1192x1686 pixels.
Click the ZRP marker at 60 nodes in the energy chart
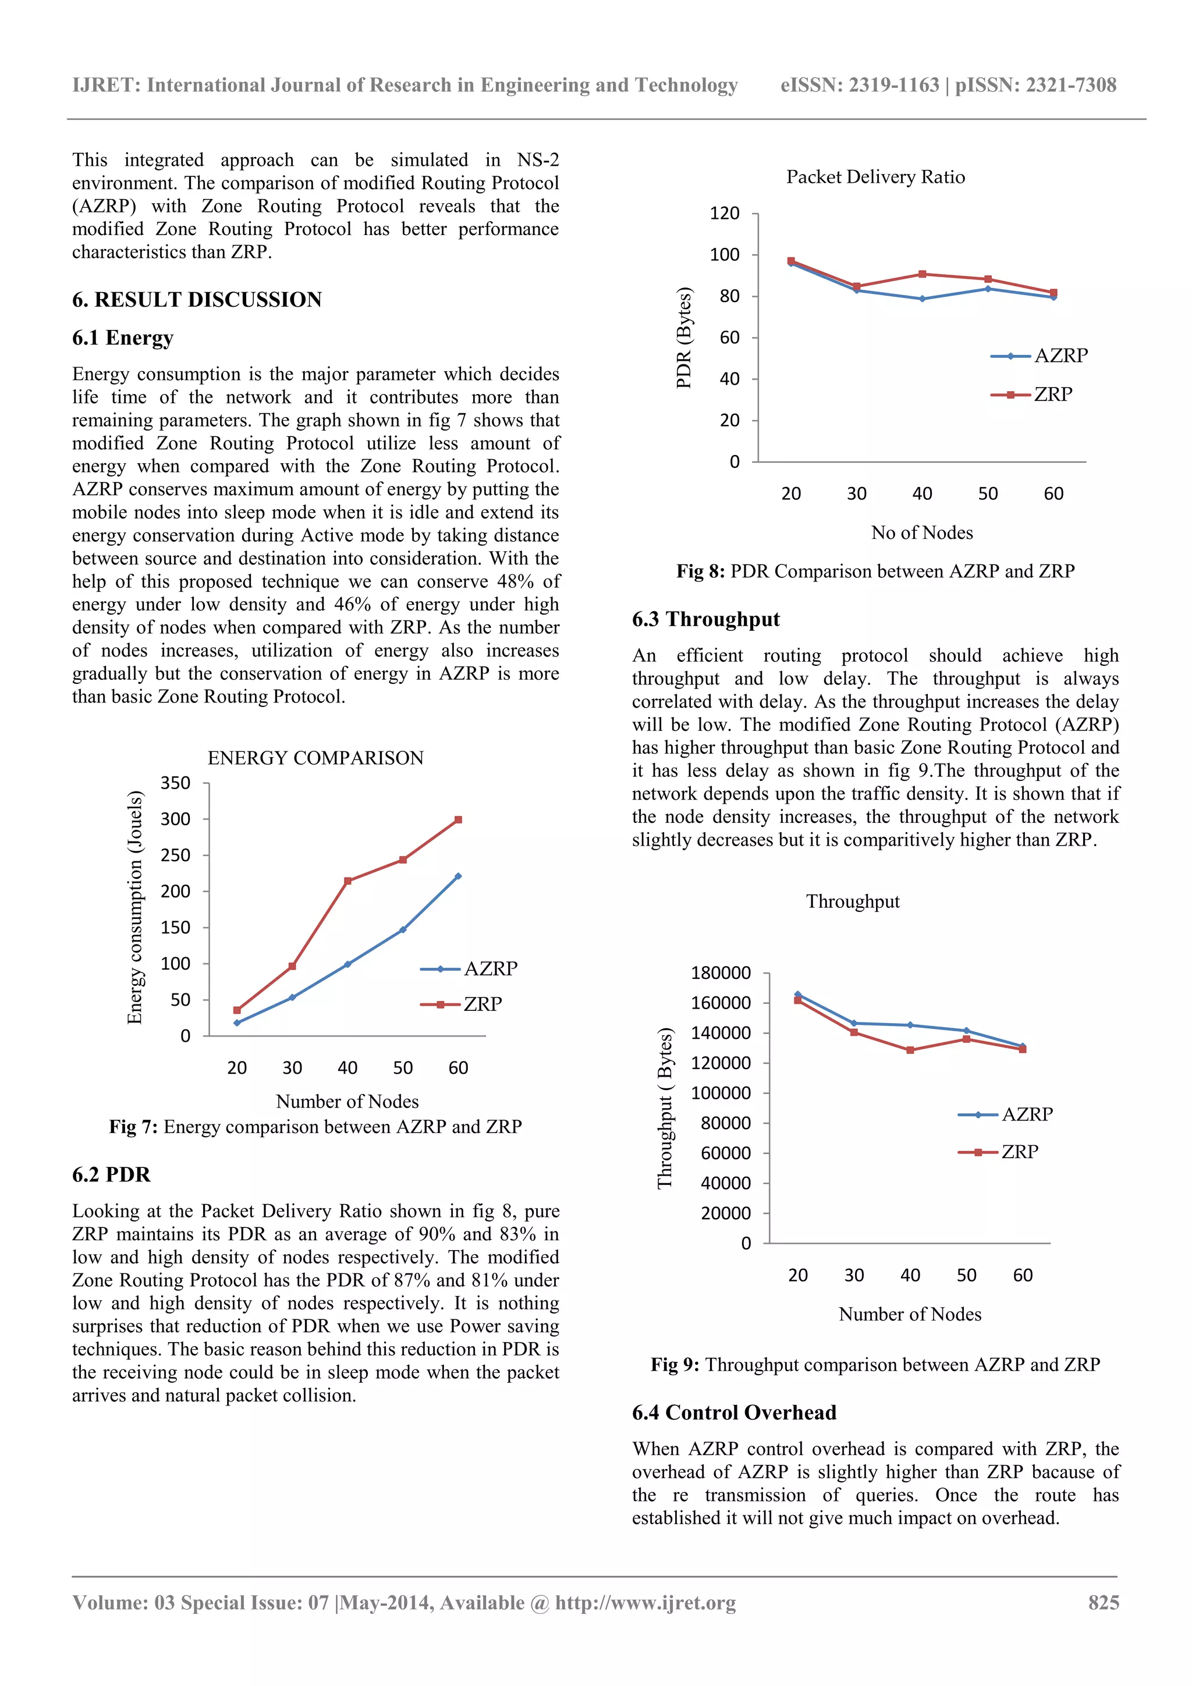pyautogui.click(x=458, y=819)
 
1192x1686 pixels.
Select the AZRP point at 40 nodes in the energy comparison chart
pyautogui.click(x=347, y=964)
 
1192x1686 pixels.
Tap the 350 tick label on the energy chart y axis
pyautogui.click(x=176, y=783)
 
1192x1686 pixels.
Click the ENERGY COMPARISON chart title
pyautogui.click(x=316, y=758)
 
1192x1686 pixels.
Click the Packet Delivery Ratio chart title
pyautogui.click(x=875, y=177)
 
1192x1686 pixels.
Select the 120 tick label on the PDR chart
pyautogui.click(x=724, y=214)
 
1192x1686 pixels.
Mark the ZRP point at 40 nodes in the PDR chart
pyautogui.click(x=923, y=274)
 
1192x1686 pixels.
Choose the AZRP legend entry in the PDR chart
pyautogui.click(x=1040, y=356)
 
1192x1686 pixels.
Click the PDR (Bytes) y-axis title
pyautogui.click(x=684, y=338)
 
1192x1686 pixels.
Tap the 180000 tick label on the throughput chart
pyautogui.click(x=721, y=973)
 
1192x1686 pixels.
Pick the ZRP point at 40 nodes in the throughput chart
pyautogui.click(x=910, y=1050)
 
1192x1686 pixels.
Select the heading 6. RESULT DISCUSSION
pyautogui.click(x=197, y=300)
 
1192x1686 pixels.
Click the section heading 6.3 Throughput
pyautogui.click(x=706, y=619)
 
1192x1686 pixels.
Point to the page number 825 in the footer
pyautogui.click(x=1103, y=1602)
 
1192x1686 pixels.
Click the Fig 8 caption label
pyautogui.click(x=701, y=572)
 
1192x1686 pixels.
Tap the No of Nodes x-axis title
pyautogui.click(x=922, y=533)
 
